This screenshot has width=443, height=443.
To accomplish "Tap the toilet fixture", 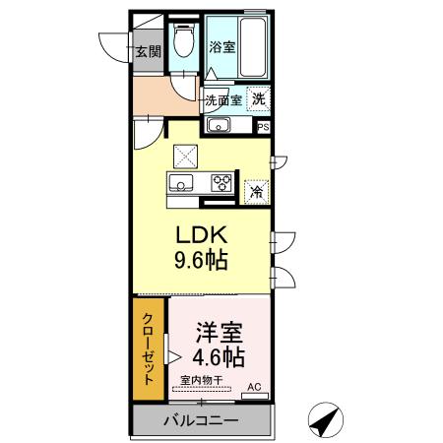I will pos(182,41).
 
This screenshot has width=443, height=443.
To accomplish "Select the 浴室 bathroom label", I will pos(221,46).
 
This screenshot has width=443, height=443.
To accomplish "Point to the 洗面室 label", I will pos(222,99).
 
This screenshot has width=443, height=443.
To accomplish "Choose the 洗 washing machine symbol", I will pos(258,98).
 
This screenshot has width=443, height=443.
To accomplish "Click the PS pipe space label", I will pos(263,126).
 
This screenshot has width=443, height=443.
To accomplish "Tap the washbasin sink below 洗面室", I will pos(218,125).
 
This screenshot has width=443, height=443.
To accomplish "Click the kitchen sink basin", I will pos(182,181).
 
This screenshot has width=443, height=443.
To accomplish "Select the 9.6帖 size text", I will pos(203,262).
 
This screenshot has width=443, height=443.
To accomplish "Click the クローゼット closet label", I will pos(150,350).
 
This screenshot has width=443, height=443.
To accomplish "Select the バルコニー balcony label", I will pos(200,421).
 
